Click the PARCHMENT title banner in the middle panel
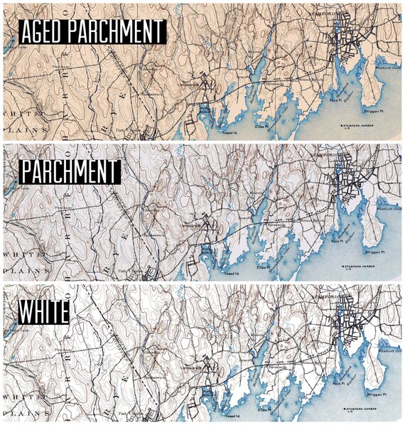(x=69, y=173)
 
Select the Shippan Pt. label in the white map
(x=377, y=392)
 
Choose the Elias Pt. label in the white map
(x=269, y=411)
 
